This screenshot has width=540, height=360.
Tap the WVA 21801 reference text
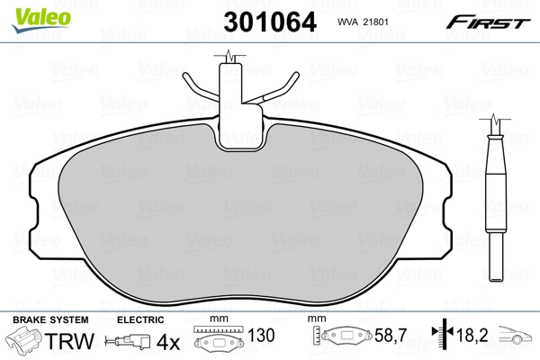pyautogui.click(x=363, y=22)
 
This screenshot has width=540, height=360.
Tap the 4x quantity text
pyautogui.click(x=167, y=342)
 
